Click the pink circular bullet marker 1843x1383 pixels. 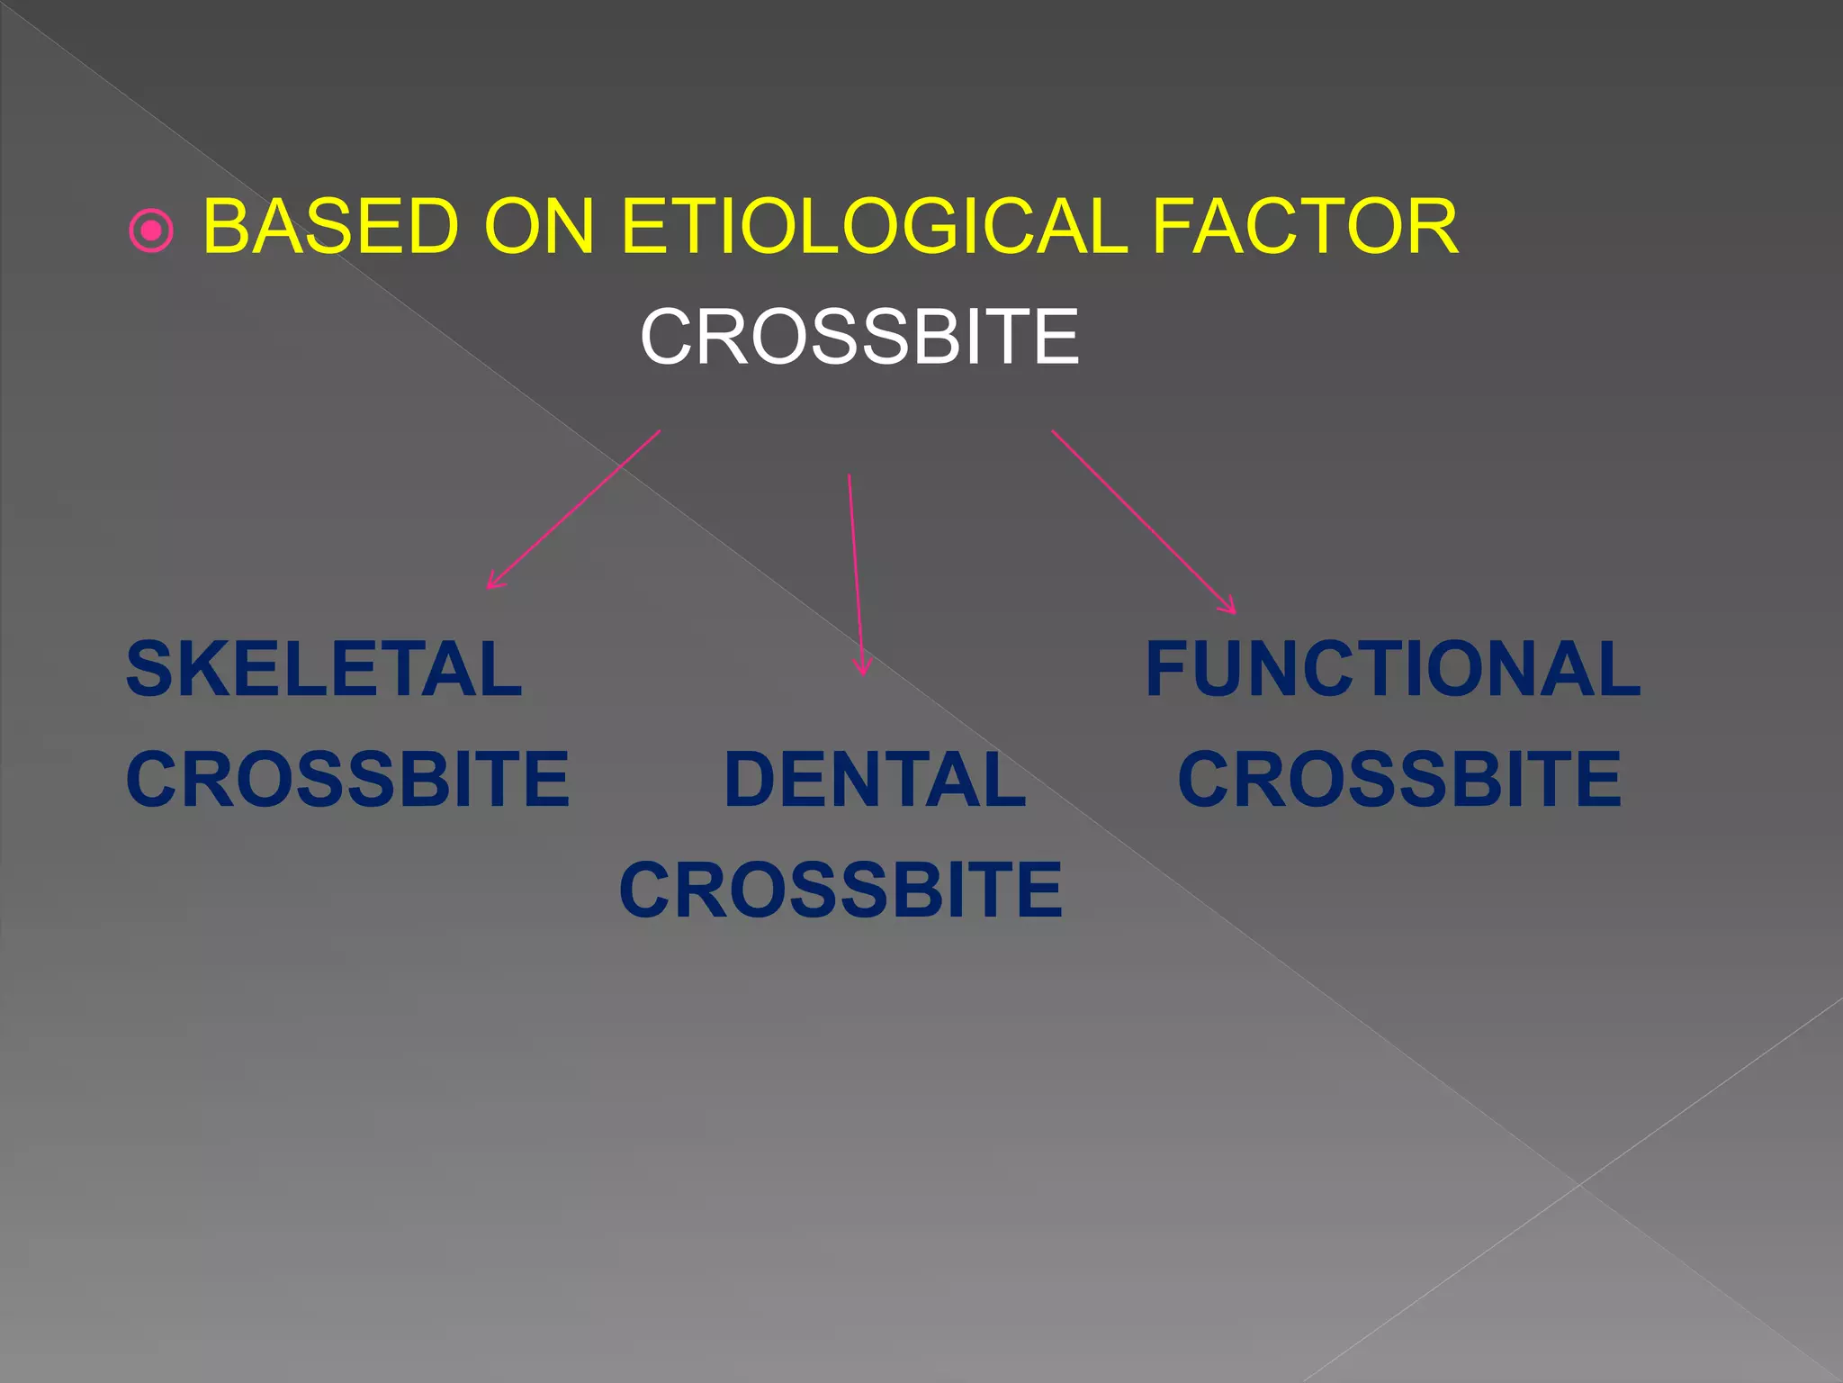(x=151, y=231)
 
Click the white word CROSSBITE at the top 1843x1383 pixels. (x=859, y=337)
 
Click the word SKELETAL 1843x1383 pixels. (x=324, y=670)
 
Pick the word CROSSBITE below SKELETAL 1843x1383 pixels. (x=347, y=780)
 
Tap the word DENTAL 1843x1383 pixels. (x=875, y=780)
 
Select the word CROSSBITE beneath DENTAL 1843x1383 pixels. (x=841, y=890)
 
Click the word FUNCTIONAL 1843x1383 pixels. (x=1392, y=670)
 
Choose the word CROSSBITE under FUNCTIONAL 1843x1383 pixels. (x=1399, y=780)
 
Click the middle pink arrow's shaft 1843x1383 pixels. (x=855, y=567)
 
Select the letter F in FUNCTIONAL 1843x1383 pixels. (x=1169, y=670)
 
